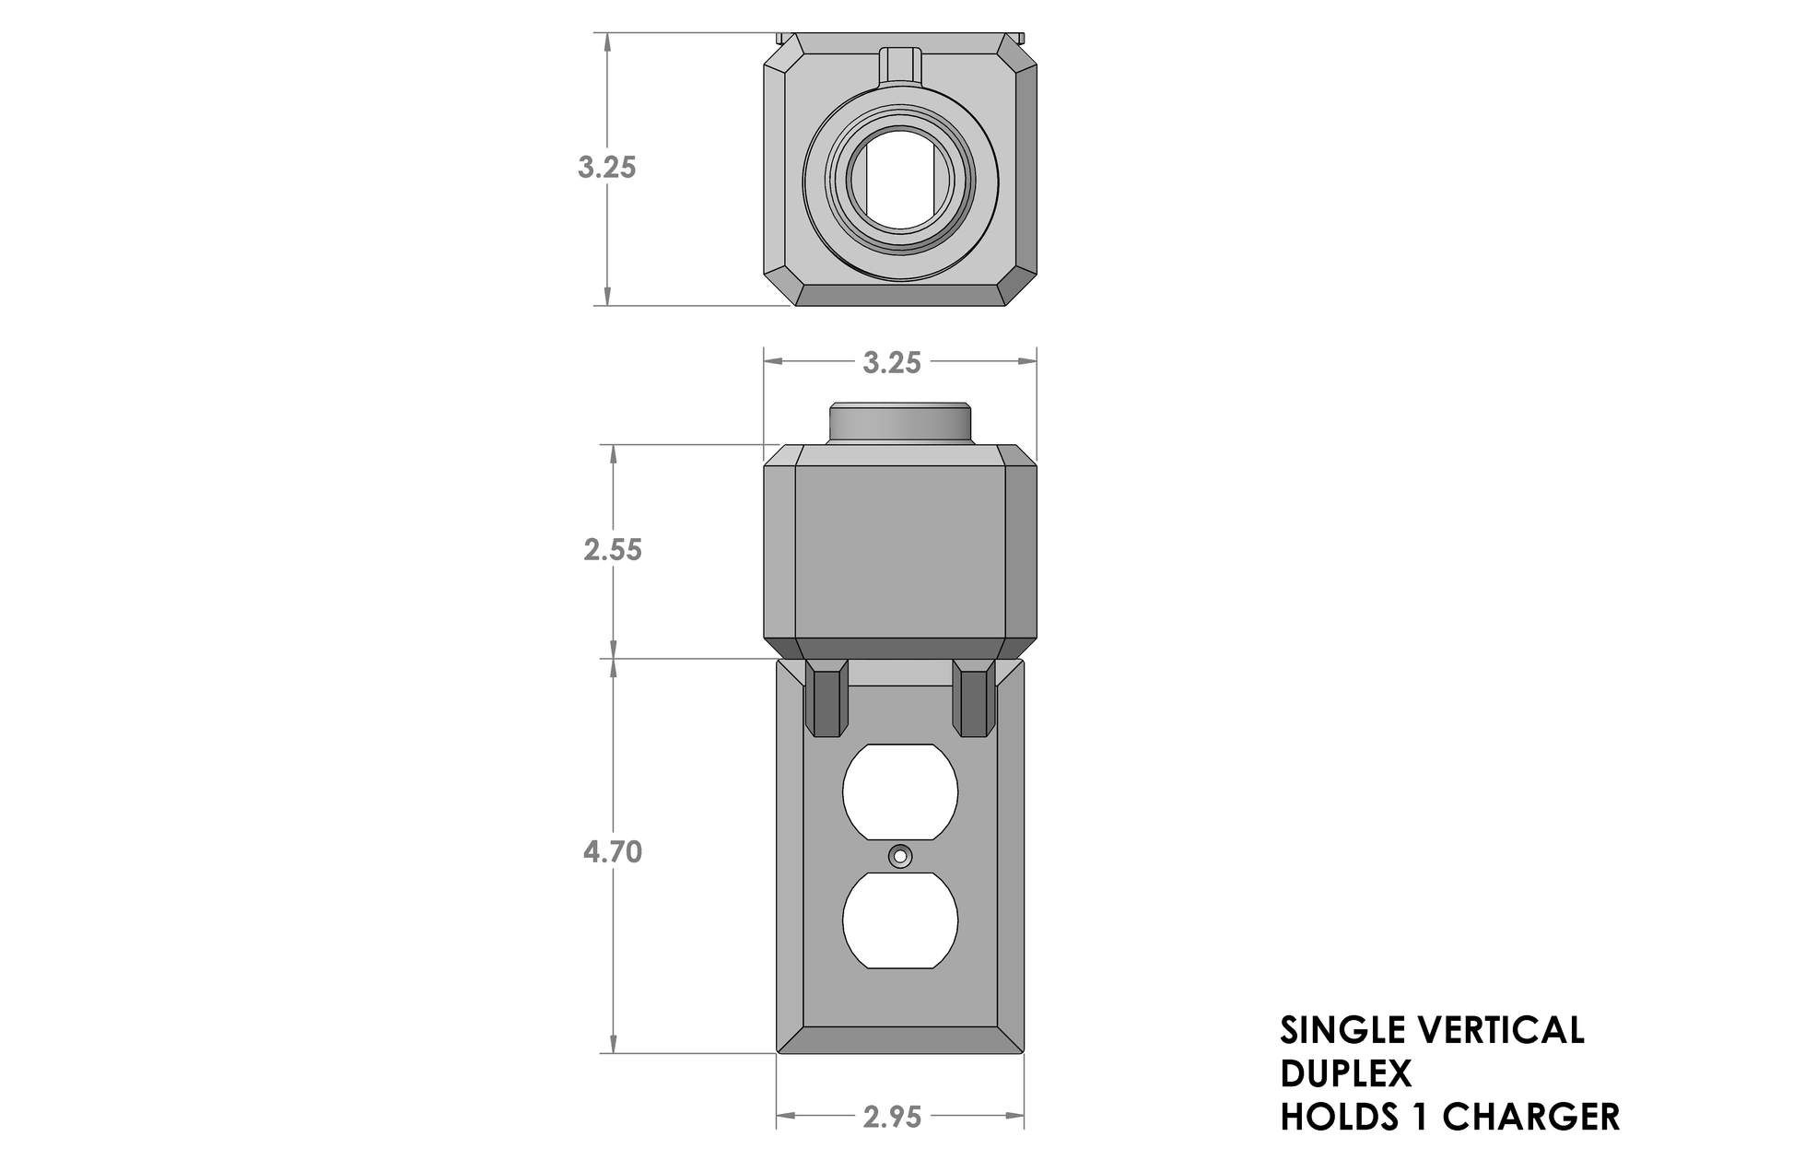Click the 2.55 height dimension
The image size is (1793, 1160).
coord(612,550)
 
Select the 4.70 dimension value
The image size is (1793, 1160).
coord(612,852)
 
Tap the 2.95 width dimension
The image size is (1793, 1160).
coord(892,1118)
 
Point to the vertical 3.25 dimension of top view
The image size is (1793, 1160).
coord(606,168)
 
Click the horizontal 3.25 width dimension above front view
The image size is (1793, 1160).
coord(891,363)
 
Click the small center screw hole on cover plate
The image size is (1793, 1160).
coord(900,856)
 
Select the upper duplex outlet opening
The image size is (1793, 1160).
coord(900,792)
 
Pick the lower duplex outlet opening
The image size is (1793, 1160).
coord(900,920)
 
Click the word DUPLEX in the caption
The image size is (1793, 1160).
coord(1345,1073)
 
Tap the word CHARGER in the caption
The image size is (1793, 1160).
coord(1530,1117)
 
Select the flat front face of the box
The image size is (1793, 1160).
coord(899,553)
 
